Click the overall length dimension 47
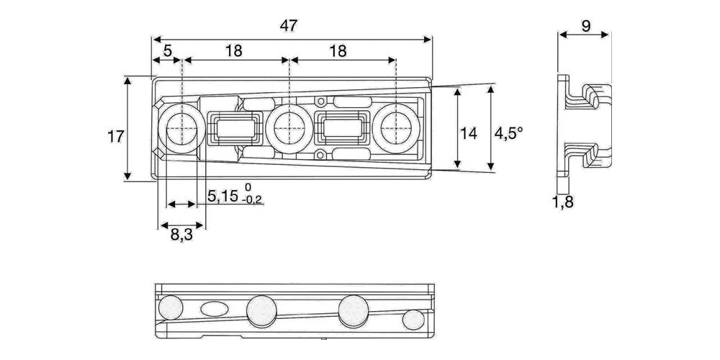289,26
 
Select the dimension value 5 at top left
167,50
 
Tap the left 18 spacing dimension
234,50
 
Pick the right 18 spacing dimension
338,50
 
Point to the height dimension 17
115,136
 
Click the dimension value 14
469,134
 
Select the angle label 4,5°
509,134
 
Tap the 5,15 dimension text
222,196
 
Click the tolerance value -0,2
253,199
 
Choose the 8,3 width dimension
181,236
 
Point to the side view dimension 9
586,26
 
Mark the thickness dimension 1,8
563,202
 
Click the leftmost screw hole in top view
181,130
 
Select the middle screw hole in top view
289,129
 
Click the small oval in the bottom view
214,309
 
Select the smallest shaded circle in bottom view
413,320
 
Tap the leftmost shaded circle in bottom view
171,307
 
